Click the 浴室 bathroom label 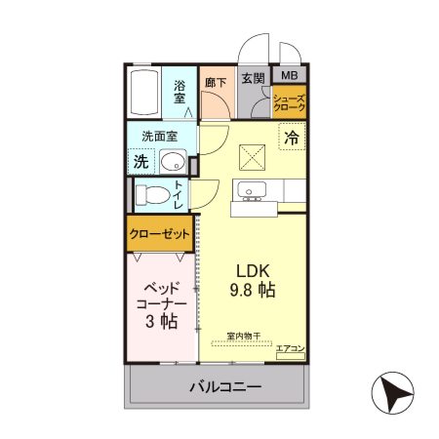(x=180, y=92)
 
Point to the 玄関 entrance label (x=253, y=79)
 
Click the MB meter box (x=291, y=75)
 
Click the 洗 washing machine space (x=141, y=160)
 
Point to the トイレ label (x=179, y=194)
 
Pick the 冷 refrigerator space (x=291, y=139)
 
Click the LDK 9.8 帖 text (x=253, y=281)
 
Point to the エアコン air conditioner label (x=290, y=348)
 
